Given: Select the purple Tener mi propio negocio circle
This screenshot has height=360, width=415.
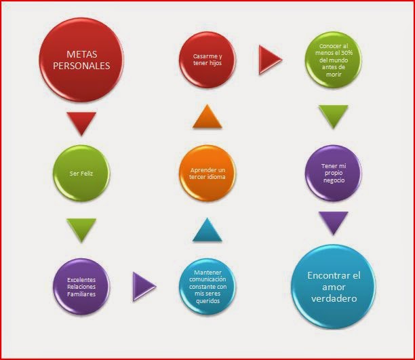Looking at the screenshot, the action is [x=332, y=174].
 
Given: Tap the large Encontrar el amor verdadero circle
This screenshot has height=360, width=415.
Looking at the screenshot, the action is [x=332, y=286].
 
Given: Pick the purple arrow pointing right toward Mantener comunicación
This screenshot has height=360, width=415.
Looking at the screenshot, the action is [x=144, y=285].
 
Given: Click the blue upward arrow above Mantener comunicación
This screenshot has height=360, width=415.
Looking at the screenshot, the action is [x=207, y=231].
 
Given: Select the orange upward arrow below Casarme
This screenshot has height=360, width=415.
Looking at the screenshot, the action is [x=207, y=117].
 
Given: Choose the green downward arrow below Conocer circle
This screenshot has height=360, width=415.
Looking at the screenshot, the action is [x=333, y=117].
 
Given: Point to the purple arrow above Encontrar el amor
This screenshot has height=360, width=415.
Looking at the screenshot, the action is [x=333, y=222].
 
